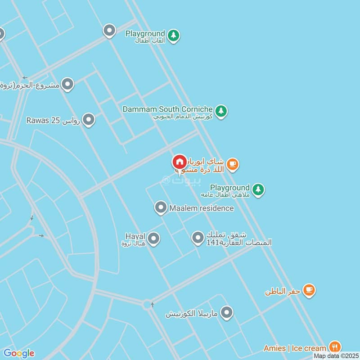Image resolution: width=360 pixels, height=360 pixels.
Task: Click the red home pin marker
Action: coord(180,162)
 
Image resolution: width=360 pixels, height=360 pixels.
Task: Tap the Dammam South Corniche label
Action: coord(167,109)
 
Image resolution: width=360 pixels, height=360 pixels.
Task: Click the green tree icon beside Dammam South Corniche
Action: coord(220,111)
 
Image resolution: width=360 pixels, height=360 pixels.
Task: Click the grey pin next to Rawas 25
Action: coord(89,120)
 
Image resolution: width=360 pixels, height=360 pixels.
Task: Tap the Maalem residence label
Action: coord(201,208)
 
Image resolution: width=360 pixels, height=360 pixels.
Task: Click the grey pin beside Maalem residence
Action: coord(161,207)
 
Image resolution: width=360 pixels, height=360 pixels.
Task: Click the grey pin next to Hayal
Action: coord(154,238)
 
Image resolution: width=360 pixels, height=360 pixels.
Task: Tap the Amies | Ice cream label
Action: coord(295,348)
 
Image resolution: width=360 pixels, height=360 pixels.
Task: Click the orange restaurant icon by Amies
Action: coord(335,347)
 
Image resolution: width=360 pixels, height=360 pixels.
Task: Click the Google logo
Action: coord(18,353)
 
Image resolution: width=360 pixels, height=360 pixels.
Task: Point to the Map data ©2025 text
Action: coord(335,356)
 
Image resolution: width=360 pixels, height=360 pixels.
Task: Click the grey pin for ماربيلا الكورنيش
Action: coord(227,312)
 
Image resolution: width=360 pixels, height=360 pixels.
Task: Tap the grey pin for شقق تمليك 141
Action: coord(198,238)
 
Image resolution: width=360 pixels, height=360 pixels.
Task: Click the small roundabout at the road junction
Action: coord(148,305)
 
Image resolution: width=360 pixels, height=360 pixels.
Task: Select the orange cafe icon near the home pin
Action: coord(232,164)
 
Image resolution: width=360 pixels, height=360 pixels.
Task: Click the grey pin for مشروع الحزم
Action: coord(67,84)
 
